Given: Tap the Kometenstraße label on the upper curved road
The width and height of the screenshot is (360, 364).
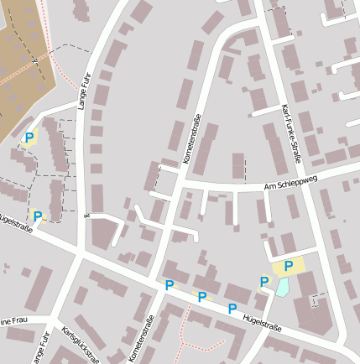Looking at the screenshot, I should (x=192, y=138).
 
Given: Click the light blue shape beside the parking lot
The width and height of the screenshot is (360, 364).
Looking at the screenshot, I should (x=283, y=287).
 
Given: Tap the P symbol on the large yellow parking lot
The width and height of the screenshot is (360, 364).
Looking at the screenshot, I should (x=289, y=267).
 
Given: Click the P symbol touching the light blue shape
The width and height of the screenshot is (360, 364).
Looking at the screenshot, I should (x=264, y=282).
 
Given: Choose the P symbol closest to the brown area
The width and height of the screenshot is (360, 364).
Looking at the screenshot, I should (x=29, y=138).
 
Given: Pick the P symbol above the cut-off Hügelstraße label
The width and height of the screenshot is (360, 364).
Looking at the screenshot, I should (x=37, y=216).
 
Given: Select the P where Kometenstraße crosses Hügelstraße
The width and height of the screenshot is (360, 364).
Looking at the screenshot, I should (x=170, y=285).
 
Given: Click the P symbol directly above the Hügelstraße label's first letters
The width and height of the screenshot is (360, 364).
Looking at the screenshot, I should (x=232, y=308).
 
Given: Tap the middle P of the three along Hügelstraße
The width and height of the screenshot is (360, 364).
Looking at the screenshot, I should (x=201, y=296).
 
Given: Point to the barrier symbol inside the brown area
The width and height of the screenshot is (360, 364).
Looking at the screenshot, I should (x=34, y=61).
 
